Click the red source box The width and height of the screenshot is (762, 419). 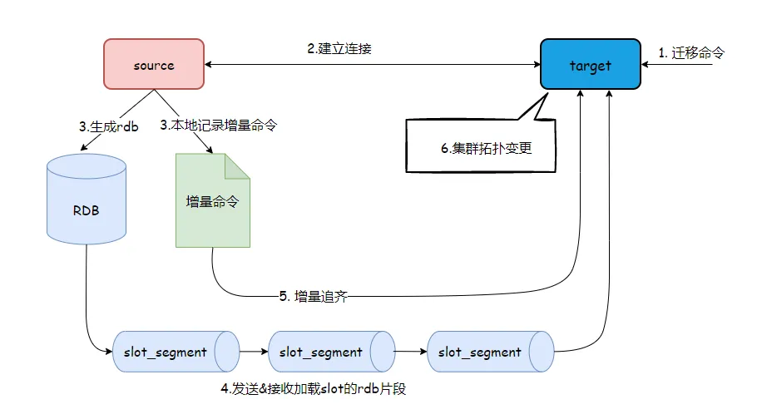click(154, 65)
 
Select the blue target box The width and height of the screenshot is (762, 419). click(590, 65)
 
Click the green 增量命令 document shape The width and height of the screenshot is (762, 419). click(212, 202)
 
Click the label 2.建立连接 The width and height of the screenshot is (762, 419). click(339, 48)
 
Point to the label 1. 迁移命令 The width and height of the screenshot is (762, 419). click(691, 52)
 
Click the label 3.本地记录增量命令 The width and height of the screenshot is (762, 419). click(219, 126)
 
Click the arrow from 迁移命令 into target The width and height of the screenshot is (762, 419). click(678, 65)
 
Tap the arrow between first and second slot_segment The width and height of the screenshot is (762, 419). click(255, 352)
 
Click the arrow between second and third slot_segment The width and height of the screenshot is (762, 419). click(412, 352)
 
